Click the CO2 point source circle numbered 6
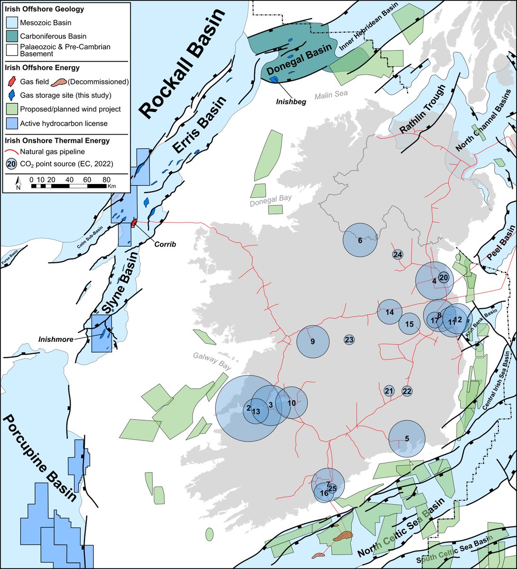click(360, 240)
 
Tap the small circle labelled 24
click(397, 255)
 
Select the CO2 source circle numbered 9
click(313, 341)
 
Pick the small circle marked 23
click(349, 340)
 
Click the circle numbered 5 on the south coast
click(406, 439)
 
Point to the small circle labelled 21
click(389, 391)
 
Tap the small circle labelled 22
click(407, 391)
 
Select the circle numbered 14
click(389, 312)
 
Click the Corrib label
click(165, 244)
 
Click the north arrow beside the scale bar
click(18, 182)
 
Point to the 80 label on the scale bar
click(106, 180)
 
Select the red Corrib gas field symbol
click(134, 222)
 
